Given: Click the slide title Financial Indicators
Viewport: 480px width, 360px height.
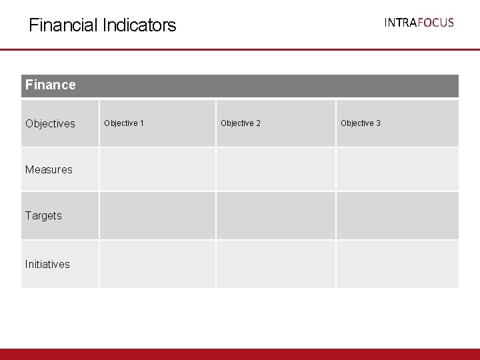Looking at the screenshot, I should (x=102, y=25).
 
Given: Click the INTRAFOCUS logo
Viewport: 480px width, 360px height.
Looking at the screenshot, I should (x=419, y=23).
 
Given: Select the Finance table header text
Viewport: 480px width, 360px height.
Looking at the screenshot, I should (x=51, y=85).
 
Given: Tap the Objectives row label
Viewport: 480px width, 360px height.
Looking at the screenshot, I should (x=50, y=123).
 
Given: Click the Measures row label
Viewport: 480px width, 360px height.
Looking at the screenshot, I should (x=49, y=169).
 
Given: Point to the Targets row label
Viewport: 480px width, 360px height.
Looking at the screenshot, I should (x=43, y=215).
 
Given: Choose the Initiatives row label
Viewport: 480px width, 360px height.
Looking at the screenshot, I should (x=47, y=264).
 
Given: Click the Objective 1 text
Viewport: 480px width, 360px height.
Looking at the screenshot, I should (x=124, y=123).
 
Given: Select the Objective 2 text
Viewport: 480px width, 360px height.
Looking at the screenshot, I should (x=241, y=123).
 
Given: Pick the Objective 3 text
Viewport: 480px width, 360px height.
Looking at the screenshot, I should (x=361, y=123).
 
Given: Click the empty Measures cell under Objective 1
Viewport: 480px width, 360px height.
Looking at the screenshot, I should (x=157, y=169).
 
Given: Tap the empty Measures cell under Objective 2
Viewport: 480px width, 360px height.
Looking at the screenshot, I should (x=275, y=169).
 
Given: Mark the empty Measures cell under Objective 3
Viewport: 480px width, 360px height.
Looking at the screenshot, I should (x=397, y=169).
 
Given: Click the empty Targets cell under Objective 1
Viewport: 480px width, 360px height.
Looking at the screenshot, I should (x=157, y=215).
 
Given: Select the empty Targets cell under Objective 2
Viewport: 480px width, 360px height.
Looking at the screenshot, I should (x=275, y=215).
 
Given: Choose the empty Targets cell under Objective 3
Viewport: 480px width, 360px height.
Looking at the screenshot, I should (x=397, y=215).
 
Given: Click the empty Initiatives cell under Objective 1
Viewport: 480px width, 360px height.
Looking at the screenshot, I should (x=157, y=264).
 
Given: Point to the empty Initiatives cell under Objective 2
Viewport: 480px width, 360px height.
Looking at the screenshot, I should (x=275, y=264).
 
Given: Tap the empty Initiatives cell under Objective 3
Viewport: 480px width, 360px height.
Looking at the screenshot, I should (x=397, y=264).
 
